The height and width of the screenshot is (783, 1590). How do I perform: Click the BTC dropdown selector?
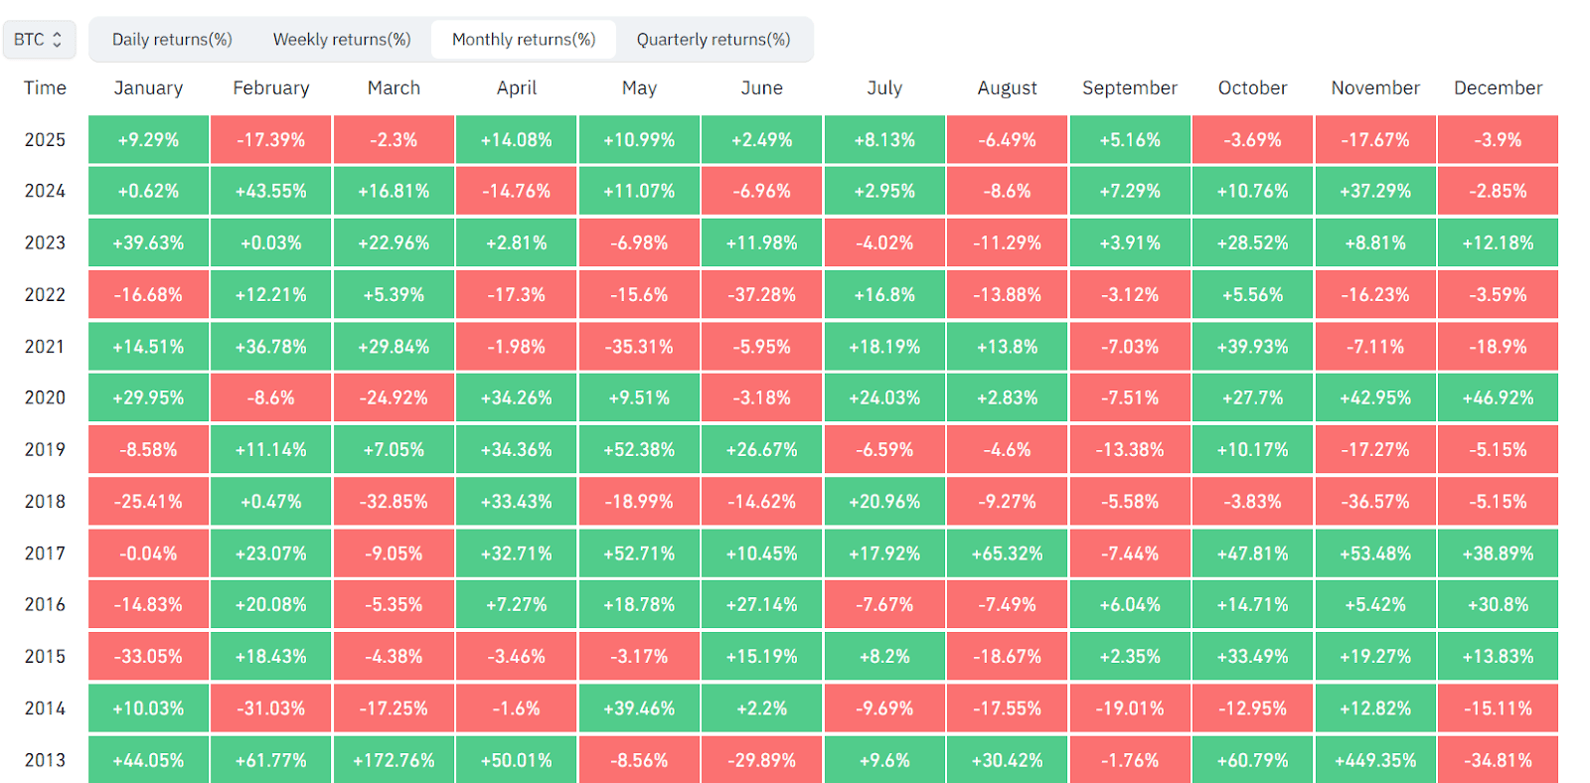click(x=39, y=39)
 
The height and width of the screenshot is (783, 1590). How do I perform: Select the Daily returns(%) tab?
click(x=172, y=39)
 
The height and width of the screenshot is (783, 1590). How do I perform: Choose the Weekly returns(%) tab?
click(x=342, y=39)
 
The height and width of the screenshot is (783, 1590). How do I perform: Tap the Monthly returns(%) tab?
click(x=523, y=39)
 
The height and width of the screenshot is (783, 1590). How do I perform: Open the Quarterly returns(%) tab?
click(x=714, y=39)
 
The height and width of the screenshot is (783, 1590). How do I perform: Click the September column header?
click(x=1129, y=88)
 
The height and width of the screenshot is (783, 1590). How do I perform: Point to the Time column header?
click(x=45, y=88)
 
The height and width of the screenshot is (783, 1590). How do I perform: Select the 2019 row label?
click(x=45, y=449)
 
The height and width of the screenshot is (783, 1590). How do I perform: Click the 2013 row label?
click(x=45, y=760)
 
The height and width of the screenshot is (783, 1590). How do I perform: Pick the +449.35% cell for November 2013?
click(x=1375, y=760)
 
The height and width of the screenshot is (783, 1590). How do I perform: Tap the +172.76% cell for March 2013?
click(x=394, y=760)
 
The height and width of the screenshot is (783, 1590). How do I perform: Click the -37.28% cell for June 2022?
click(x=761, y=294)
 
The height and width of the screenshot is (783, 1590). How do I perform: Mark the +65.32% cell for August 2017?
click(x=1007, y=553)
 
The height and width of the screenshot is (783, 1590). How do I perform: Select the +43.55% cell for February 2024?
click(x=270, y=191)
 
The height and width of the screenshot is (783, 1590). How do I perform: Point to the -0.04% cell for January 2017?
click(x=148, y=553)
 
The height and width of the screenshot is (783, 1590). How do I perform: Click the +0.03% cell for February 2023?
click(x=270, y=242)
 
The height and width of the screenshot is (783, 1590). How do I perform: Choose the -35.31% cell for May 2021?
click(x=639, y=347)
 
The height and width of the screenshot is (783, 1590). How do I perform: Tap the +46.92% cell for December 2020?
click(x=1498, y=397)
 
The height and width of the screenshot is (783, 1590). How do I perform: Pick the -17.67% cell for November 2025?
click(x=1375, y=140)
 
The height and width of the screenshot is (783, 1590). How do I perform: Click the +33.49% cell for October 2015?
click(x=1252, y=657)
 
